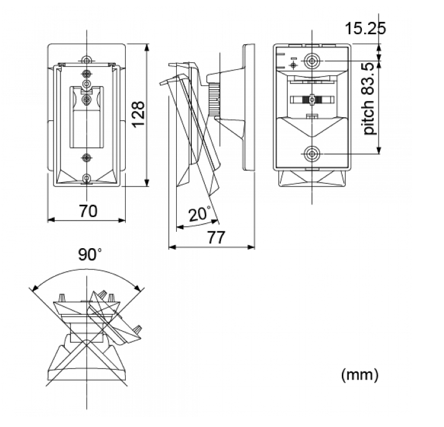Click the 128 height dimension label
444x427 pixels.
point(139,114)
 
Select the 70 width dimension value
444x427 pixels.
point(88,211)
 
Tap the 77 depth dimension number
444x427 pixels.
point(216,237)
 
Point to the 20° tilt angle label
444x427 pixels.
point(200,214)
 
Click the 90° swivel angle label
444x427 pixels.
point(90,254)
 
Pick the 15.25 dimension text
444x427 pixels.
point(366,28)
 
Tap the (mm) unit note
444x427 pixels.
point(359,375)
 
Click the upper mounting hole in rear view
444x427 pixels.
point(312,60)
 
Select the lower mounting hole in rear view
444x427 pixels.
point(312,154)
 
